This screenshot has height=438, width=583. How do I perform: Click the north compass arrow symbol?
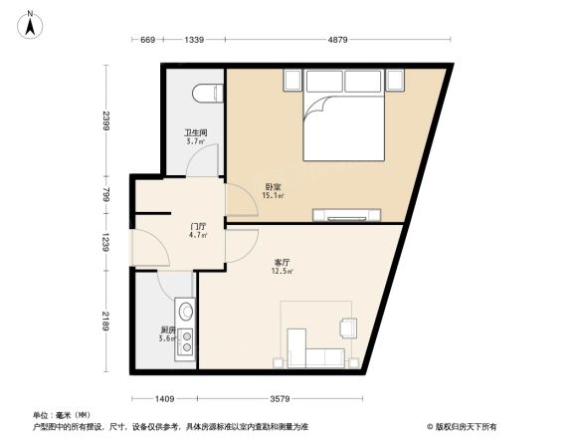click(x=32, y=22)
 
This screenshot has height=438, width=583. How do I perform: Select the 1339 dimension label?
click(x=194, y=40)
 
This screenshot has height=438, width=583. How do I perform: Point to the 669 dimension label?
click(x=146, y=40)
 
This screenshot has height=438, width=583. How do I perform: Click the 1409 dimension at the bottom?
click(x=164, y=398)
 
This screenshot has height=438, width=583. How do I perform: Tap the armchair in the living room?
click(x=348, y=328)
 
